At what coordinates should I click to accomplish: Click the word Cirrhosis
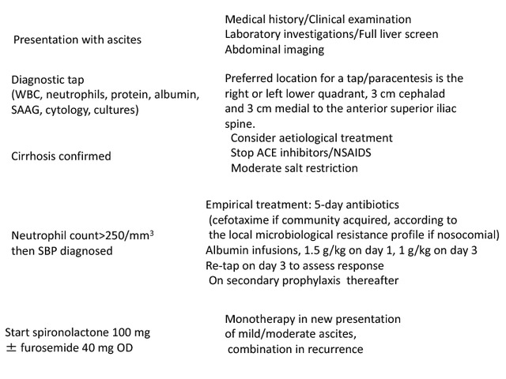pos(37,156)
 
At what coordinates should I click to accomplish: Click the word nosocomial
pos(469,235)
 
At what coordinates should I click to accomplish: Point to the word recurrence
pos(332,349)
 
